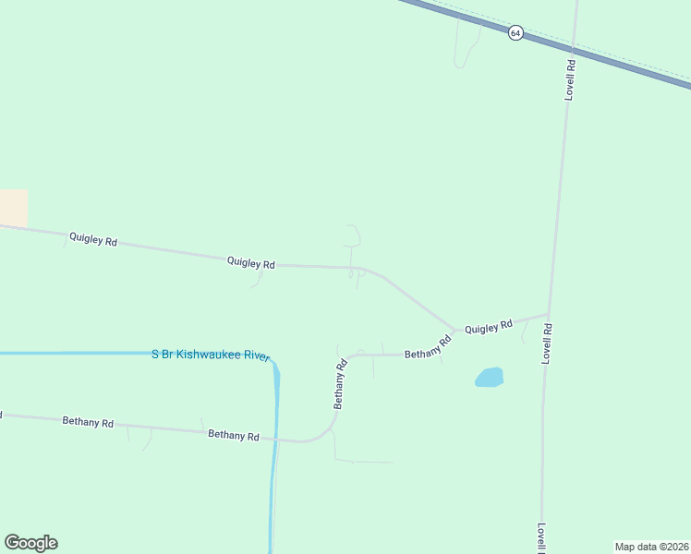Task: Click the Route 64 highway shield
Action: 515,32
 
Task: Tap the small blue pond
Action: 489,378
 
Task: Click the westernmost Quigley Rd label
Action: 92,240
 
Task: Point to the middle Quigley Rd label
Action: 251,263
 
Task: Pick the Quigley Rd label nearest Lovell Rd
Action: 489,327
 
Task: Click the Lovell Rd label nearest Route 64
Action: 571,79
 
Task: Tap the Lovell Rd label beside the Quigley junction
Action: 548,342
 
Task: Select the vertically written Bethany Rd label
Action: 340,384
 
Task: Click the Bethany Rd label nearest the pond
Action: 428,347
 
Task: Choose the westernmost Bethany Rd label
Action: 88,422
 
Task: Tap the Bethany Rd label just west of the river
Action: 233,434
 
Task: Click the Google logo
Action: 30,543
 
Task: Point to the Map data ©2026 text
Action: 651,547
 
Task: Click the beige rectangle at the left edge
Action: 13,208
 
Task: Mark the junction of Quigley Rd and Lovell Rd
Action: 550,314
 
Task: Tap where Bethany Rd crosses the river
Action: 274,440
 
